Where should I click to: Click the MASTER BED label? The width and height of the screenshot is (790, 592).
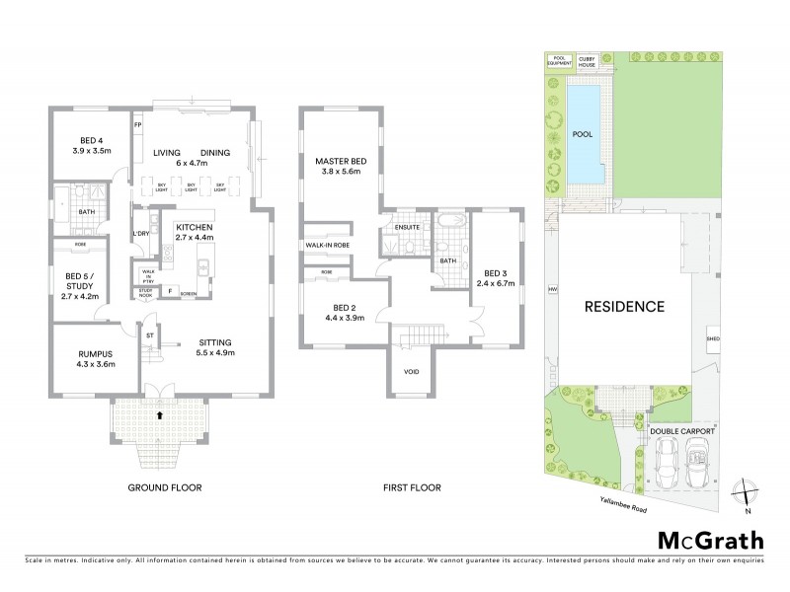pyautogui.click(x=342, y=161)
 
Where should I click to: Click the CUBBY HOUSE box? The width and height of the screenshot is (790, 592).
pyautogui.click(x=589, y=61)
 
